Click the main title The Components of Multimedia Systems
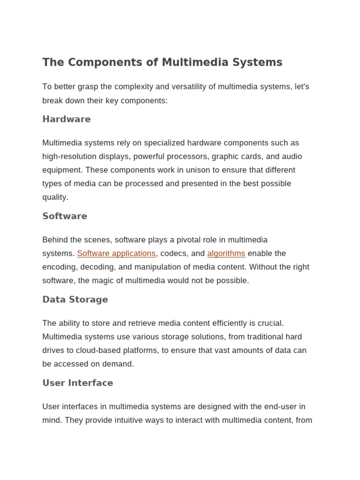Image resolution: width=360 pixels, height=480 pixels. click(162, 62)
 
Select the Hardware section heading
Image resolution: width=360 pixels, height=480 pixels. click(67, 119)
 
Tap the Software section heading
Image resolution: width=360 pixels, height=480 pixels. click(65, 216)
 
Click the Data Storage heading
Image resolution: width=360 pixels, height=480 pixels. click(75, 300)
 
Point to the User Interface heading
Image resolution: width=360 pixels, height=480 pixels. click(78, 383)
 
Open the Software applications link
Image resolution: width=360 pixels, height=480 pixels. click(116, 254)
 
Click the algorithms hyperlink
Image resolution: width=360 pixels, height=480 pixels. click(226, 254)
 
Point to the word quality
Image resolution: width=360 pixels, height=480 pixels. click(55, 197)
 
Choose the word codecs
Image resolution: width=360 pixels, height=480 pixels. click(174, 254)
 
